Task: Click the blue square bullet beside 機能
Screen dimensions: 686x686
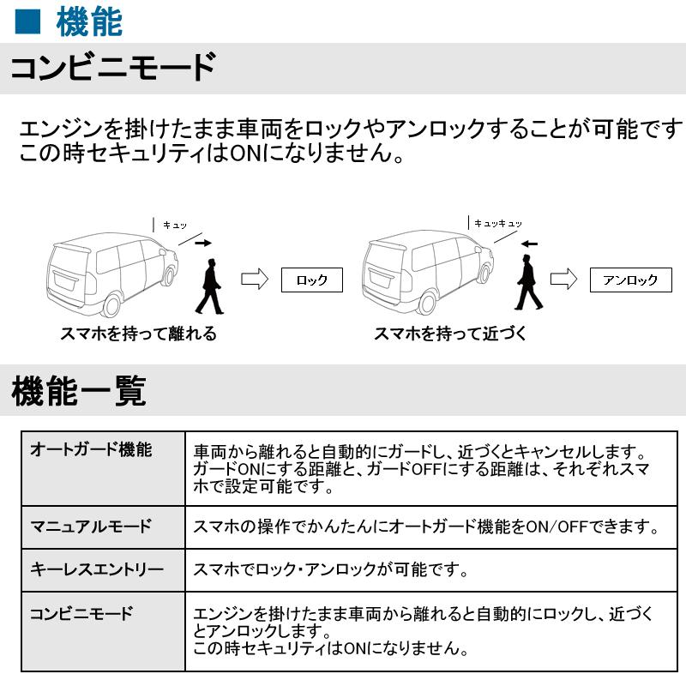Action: [28, 22]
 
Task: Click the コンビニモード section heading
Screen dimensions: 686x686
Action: [112, 67]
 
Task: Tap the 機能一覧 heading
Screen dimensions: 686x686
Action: [79, 391]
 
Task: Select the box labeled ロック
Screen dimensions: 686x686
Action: [311, 280]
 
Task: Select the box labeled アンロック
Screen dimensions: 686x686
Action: [630, 280]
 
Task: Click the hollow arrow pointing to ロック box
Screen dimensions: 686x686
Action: [256, 280]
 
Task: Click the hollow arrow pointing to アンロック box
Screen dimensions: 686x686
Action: [563, 280]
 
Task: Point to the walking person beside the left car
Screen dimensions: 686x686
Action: [210, 288]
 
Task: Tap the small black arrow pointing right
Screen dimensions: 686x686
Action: [202, 244]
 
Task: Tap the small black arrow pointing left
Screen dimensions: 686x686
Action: [529, 244]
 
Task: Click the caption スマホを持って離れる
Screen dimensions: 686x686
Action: [138, 334]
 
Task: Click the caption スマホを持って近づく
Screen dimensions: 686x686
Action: [450, 334]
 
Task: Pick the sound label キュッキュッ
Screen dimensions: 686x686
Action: [498, 223]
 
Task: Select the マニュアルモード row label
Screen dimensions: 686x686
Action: [91, 526]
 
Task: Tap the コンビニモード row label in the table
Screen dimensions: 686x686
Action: [82, 613]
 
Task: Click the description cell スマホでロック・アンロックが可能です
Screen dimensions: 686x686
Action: [330, 569]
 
